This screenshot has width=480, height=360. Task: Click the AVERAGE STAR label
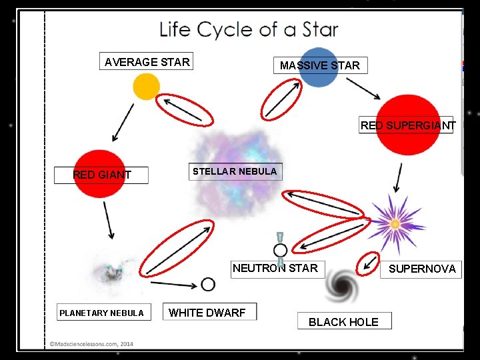147,62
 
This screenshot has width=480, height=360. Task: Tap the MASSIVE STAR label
319,65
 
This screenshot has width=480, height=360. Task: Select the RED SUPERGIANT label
407,125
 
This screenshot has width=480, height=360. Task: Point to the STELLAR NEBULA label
235,171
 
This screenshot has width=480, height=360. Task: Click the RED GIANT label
102,175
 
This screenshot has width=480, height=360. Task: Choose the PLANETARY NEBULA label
101,313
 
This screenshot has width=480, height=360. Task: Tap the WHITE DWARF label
207,312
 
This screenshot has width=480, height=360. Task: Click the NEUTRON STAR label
275,269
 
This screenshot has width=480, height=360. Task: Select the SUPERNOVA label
422,269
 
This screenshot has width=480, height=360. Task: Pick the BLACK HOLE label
343,322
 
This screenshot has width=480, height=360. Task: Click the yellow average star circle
146,87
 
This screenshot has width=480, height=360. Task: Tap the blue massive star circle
319,67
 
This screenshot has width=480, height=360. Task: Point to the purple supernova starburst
395,223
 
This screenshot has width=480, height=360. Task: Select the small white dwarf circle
208,285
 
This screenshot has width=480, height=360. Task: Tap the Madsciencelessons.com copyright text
91,344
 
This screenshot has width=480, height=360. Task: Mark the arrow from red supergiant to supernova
399,177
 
